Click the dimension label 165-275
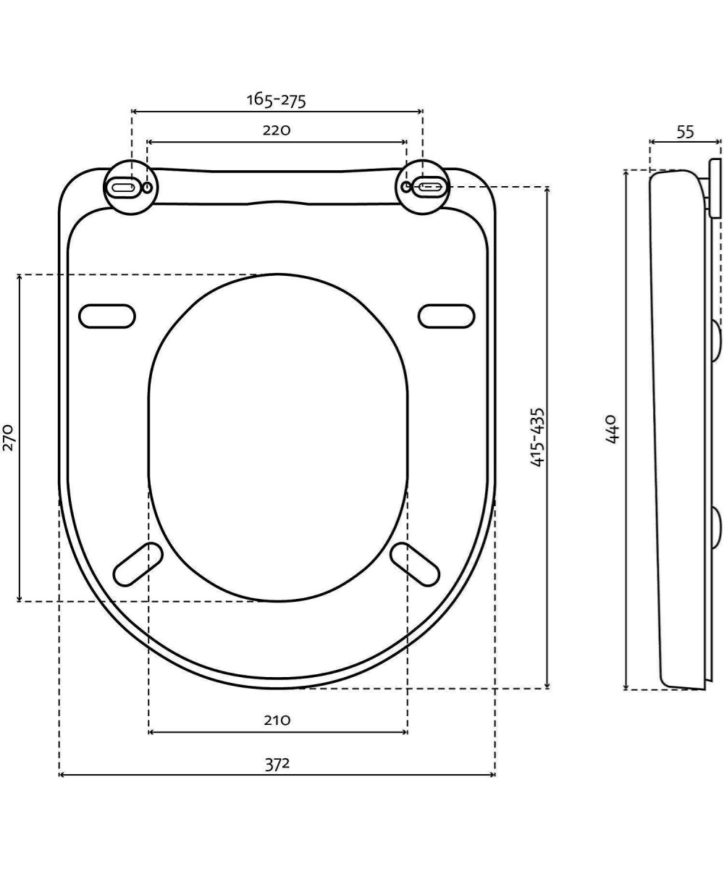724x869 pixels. tap(276, 99)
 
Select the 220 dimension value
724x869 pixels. tap(276, 130)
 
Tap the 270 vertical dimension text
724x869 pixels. tap(9, 437)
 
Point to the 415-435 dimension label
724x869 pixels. tap(536, 437)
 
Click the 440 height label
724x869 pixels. tap(612, 429)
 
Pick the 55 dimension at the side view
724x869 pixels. tap(685, 132)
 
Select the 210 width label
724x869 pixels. tap(277, 721)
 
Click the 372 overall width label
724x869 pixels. tap(277, 763)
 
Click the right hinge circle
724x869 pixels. tap(423, 187)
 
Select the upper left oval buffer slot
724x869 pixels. tap(107, 316)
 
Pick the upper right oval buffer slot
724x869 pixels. tap(446, 316)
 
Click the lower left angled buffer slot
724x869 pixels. tap(138, 564)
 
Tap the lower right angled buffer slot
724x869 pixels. tap(415, 564)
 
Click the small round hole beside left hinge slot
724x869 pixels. tap(148, 188)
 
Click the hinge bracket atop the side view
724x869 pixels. tap(715, 188)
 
